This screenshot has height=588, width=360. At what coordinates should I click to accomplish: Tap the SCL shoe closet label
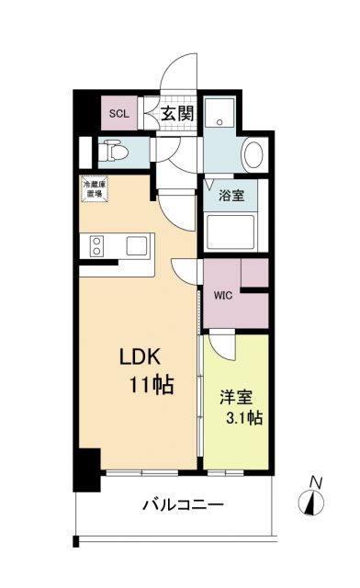point(119,114)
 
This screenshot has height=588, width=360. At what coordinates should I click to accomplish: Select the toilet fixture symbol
point(117,149)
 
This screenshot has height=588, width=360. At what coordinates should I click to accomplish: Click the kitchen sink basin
point(135,246)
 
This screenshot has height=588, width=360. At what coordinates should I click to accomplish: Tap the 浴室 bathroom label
point(231,196)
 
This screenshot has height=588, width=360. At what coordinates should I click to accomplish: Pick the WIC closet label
point(222,297)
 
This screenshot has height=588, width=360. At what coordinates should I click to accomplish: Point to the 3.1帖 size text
point(244,419)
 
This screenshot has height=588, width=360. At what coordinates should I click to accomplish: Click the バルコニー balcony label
point(183,504)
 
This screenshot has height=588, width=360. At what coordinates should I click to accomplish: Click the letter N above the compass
point(315,480)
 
